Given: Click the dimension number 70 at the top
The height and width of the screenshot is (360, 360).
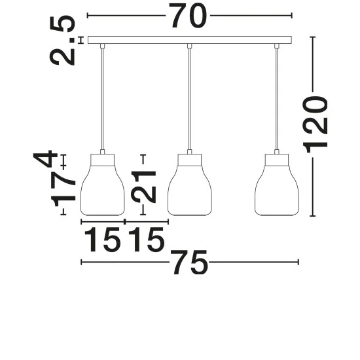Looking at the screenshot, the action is [188, 16].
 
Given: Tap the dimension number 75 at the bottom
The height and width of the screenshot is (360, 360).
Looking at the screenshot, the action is [190, 262].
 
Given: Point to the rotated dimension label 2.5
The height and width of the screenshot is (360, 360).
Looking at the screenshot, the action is [62, 40].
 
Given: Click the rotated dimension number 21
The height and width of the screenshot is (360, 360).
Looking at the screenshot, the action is [144, 187].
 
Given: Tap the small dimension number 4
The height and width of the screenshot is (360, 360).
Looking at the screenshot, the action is [45, 159].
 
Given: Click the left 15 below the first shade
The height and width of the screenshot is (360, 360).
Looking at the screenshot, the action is [103, 239].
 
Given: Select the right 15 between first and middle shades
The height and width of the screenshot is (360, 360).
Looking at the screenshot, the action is [146, 239].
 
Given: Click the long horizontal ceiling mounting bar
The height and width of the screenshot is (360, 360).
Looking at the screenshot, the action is [190, 40].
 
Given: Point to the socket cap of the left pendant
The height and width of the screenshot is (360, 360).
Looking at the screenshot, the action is [103, 160].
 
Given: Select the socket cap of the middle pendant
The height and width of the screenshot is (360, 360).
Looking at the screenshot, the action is [190, 160].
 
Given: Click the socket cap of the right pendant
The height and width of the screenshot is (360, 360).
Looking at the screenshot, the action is [277, 160].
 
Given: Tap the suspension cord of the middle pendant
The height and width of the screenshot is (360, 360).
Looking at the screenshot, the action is [189, 99].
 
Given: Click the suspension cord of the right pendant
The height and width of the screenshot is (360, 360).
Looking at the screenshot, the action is [276, 99].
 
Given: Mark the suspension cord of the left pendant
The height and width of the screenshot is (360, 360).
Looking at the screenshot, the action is [102, 99].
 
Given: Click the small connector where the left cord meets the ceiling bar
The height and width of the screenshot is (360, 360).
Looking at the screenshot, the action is [102, 46].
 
